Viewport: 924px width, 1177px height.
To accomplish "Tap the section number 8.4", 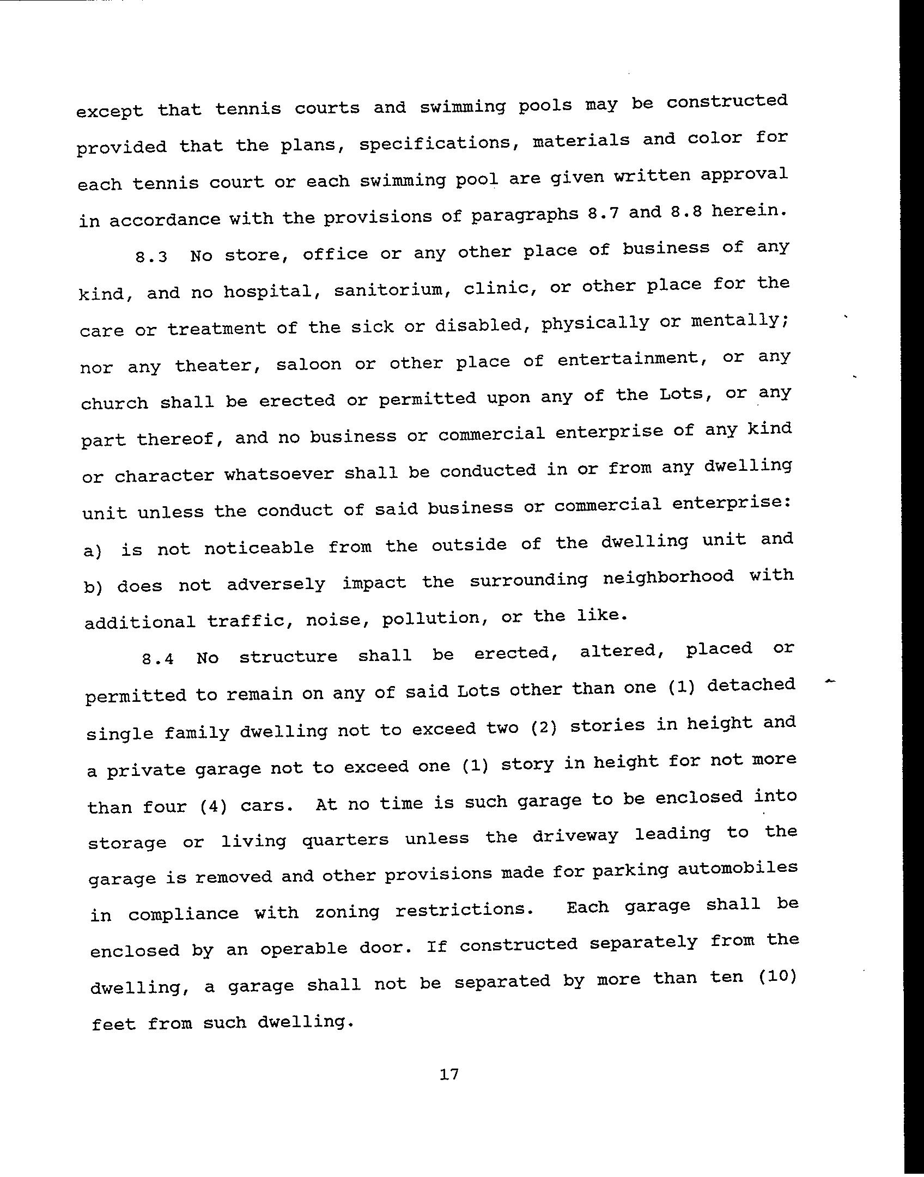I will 158,659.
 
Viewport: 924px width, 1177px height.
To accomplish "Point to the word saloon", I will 308,363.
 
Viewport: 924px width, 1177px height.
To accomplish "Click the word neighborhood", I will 668,577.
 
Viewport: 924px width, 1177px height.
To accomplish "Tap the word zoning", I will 347,912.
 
